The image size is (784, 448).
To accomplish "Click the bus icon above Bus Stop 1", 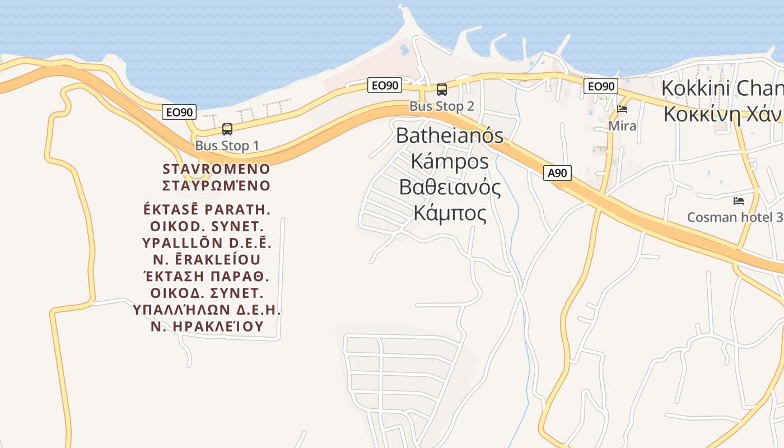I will pos(227,129).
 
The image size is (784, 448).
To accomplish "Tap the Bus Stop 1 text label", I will pos(227,146).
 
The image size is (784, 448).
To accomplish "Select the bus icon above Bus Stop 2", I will pos(442,90).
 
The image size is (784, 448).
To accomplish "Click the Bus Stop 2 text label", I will pos(442,106).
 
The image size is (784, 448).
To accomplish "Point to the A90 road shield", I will pos(557,173).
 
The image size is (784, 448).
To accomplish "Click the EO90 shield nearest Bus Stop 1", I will pos(180,112).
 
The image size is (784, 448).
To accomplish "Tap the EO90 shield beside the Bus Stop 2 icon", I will pos(385,85).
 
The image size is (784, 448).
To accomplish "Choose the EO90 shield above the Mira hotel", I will pos(600,86).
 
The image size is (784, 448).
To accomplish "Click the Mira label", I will pos(622,126).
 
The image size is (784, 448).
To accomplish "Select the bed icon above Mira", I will pos(622,109).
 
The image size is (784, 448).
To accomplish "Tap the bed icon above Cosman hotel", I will pos(739,200).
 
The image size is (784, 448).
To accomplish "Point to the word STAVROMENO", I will pos(216,169).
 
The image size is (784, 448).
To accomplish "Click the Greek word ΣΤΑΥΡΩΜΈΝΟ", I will pos(216,185).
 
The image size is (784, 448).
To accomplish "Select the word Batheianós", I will pos(450,136).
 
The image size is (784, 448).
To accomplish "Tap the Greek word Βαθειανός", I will pos(450,187).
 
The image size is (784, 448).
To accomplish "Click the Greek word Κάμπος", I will pos(450,213).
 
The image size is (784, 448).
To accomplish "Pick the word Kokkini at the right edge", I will pos(695,88).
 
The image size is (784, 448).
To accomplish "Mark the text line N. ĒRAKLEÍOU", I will pos(207,260).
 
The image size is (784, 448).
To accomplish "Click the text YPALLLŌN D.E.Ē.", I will pos(207,243).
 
